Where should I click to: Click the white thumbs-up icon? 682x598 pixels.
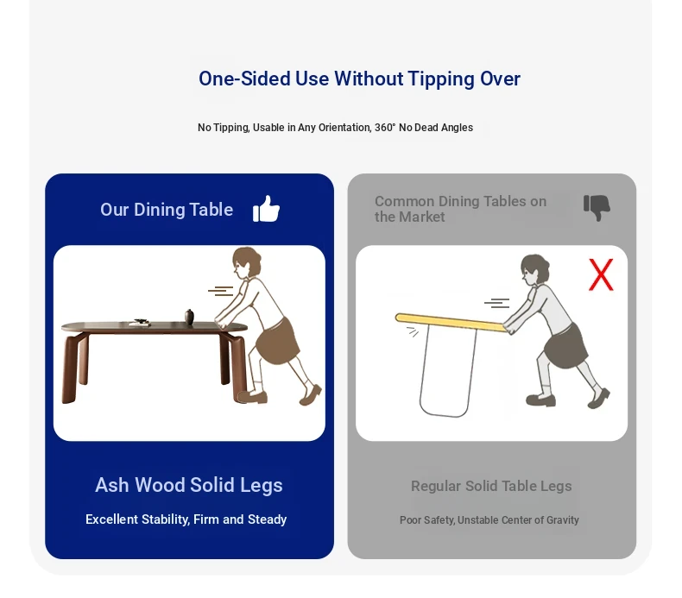(266, 209)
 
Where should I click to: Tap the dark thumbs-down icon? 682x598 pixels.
(597, 207)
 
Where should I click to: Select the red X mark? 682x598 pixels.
(601, 274)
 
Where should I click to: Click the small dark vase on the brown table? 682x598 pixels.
(189, 317)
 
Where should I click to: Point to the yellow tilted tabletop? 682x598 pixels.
(451, 323)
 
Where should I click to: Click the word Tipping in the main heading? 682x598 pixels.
(441, 79)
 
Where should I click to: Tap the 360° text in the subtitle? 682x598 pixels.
(385, 128)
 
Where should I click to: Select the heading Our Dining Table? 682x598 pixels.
(167, 210)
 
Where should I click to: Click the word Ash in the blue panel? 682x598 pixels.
(112, 485)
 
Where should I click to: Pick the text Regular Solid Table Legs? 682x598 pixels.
(491, 486)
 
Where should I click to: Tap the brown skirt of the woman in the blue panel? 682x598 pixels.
(277, 342)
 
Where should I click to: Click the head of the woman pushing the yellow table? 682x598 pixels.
(534, 269)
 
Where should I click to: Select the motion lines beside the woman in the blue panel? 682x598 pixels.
(220, 291)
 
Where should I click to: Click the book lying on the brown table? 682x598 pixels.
(140, 322)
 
